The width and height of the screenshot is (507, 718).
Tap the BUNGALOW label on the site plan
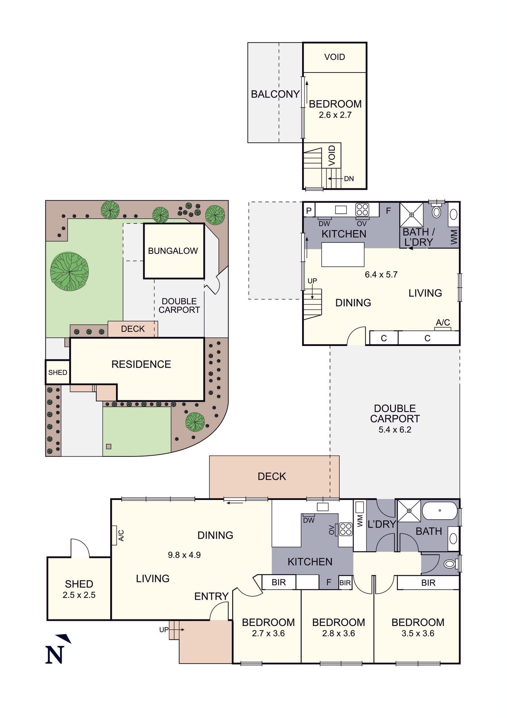[173, 251]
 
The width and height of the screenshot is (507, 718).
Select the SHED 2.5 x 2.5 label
[79, 589]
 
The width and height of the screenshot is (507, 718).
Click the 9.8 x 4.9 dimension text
[184, 555]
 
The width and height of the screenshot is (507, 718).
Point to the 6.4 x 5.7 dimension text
[381, 275]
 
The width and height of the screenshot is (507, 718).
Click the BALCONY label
[275, 94]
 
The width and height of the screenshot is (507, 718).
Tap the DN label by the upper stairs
[349, 179]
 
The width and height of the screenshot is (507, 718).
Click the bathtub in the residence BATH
[440, 510]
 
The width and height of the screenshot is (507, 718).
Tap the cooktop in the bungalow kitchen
[362, 210]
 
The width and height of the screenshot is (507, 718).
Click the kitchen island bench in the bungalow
[343, 254]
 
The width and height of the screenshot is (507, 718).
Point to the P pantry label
[309, 211]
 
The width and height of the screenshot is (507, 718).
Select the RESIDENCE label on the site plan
[141, 364]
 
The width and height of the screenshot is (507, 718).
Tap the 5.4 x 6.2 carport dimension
[395, 430]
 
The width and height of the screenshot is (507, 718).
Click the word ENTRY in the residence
[211, 596]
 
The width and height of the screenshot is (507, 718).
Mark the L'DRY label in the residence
[382, 524]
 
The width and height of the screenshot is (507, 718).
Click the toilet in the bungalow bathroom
[436, 212]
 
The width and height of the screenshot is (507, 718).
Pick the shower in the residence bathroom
[409, 511]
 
